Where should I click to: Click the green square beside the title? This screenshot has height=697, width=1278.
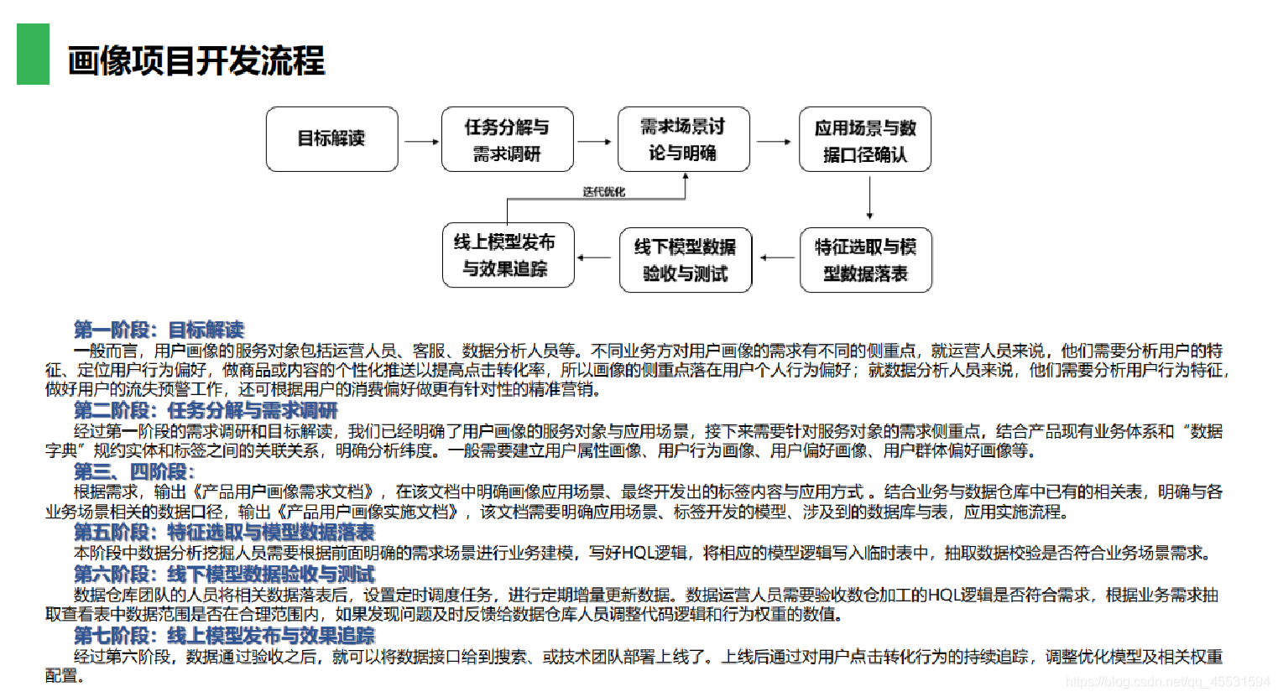pyautogui.click(x=33, y=54)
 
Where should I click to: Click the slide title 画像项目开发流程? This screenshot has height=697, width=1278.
pyautogui.click(x=196, y=61)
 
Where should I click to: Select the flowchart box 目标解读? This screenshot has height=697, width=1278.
pyautogui.click(x=331, y=139)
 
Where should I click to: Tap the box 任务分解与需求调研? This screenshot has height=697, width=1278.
pyautogui.click(x=507, y=139)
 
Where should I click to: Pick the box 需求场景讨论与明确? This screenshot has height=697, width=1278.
pyautogui.click(x=683, y=139)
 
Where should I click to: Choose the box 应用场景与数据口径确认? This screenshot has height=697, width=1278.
pyautogui.click(x=864, y=139)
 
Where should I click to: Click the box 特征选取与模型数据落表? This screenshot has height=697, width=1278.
pyautogui.click(x=865, y=260)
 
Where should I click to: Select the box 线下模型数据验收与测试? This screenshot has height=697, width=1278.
pyautogui.click(x=685, y=260)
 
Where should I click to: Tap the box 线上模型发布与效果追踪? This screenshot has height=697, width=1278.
pyautogui.click(x=508, y=255)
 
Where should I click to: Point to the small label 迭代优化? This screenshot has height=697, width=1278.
pyautogui.click(x=604, y=192)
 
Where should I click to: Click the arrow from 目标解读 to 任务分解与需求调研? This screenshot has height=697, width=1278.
pyautogui.click(x=420, y=142)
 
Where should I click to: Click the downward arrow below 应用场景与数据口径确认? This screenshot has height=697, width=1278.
pyautogui.click(x=869, y=199)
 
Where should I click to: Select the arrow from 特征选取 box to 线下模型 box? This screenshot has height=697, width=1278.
pyautogui.click(x=776, y=257)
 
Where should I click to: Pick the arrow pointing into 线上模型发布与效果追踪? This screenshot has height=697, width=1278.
pyautogui.click(x=594, y=257)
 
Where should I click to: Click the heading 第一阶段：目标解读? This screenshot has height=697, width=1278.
pyautogui.click(x=159, y=330)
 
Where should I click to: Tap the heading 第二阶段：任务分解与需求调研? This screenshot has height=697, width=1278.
pyautogui.click(x=206, y=410)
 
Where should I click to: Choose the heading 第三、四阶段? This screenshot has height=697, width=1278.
pyautogui.click(x=134, y=471)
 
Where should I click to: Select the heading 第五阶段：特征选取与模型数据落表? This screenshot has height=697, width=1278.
pyautogui.click(x=224, y=533)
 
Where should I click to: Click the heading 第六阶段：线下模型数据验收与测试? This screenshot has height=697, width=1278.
pyautogui.click(x=224, y=575)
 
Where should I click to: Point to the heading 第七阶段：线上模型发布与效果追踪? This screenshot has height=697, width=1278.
pyautogui.click(x=224, y=636)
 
